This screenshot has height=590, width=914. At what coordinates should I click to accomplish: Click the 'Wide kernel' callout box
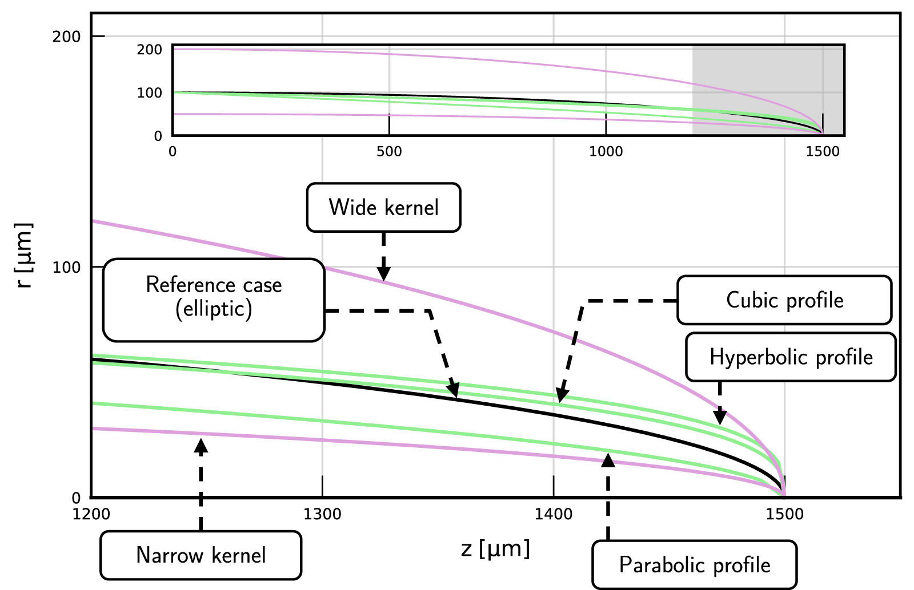click(x=383, y=208)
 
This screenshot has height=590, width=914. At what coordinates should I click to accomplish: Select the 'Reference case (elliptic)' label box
click(x=214, y=300)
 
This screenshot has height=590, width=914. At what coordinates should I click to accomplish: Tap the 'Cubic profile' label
click(x=784, y=300)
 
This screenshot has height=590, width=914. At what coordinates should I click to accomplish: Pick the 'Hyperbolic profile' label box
click(x=791, y=357)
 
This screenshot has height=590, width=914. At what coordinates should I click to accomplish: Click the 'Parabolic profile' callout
click(x=694, y=565)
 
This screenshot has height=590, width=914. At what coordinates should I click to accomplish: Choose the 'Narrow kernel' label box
click(x=201, y=555)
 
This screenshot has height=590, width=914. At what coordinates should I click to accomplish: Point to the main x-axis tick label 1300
click(x=322, y=514)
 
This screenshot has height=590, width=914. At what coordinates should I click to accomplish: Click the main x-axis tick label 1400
click(x=553, y=514)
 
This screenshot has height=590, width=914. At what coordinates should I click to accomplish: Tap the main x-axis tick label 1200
click(x=91, y=514)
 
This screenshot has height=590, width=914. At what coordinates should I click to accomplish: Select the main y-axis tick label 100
click(x=67, y=267)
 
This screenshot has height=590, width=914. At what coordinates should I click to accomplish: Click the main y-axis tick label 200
click(x=67, y=37)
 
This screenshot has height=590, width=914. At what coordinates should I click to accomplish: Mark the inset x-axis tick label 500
click(x=389, y=152)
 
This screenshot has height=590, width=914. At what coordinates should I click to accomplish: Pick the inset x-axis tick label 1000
click(x=606, y=152)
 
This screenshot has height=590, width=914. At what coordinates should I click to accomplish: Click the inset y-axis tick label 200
click(x=149, y=50)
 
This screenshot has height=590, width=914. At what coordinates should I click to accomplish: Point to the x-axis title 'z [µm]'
click(x=495, y=549)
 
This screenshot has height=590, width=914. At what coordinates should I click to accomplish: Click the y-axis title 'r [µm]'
click(x=24, y=255)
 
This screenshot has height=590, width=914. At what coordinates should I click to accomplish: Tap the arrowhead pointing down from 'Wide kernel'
click(x=383, y=274)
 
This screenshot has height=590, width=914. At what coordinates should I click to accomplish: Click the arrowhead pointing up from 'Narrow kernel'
click(x=201, y=445)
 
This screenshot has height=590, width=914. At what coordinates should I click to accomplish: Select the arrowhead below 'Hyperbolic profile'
click(x=720, y=417)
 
